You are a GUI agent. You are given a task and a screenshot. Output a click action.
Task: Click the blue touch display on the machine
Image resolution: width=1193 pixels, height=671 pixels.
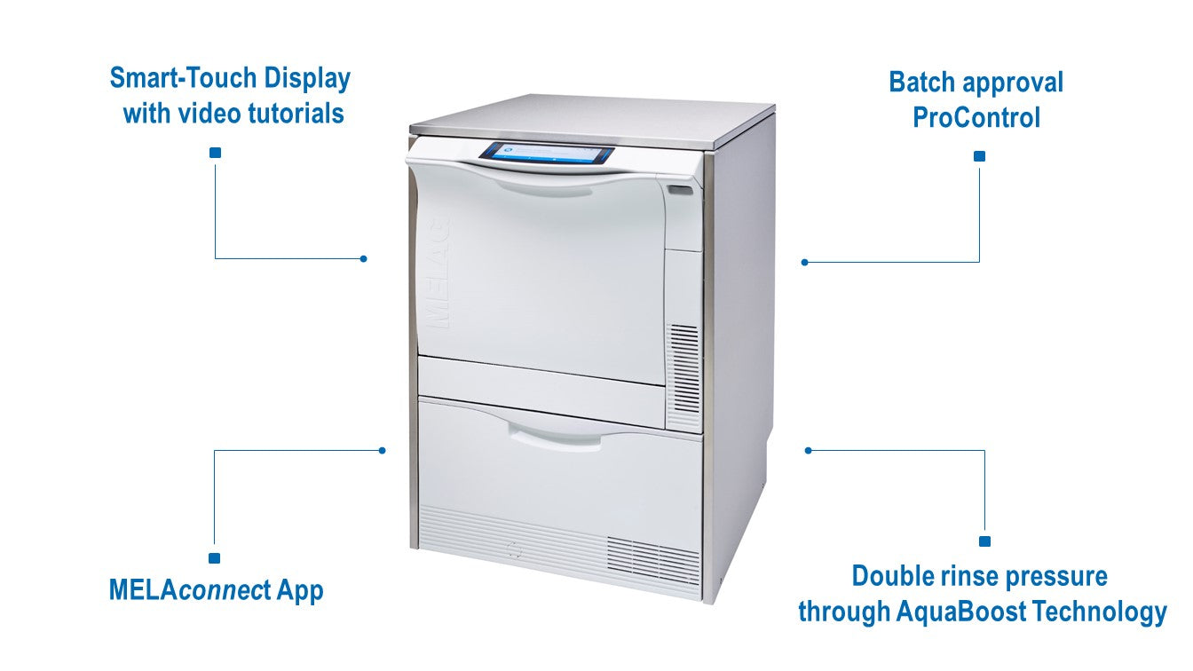547,153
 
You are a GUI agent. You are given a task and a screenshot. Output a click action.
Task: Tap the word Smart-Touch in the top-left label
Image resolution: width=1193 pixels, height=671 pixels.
184,78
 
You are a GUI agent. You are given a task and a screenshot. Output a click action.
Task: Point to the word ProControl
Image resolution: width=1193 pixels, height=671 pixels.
976,117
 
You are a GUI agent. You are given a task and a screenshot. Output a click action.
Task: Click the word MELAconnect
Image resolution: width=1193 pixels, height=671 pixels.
190,589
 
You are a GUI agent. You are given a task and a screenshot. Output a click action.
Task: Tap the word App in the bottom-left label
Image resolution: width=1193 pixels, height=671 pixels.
300,591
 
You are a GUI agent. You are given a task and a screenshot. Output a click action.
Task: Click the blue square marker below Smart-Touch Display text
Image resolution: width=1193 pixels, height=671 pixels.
215,153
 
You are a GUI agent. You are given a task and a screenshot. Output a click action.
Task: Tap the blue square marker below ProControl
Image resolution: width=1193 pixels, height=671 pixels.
979,156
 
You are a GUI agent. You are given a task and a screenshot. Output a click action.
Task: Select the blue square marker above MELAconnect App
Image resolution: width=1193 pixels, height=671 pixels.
214,558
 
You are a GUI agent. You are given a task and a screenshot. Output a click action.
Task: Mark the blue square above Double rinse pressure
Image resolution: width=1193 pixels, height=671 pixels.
984,541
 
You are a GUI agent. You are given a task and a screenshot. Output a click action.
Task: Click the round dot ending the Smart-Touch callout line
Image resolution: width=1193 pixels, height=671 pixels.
363,259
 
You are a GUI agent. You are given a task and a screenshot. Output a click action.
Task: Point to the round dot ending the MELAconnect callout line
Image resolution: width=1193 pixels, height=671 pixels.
382,451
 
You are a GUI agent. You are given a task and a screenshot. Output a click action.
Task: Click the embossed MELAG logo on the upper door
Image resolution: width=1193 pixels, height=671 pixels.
438,272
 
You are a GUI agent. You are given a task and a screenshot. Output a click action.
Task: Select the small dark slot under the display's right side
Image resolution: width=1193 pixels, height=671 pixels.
681,190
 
